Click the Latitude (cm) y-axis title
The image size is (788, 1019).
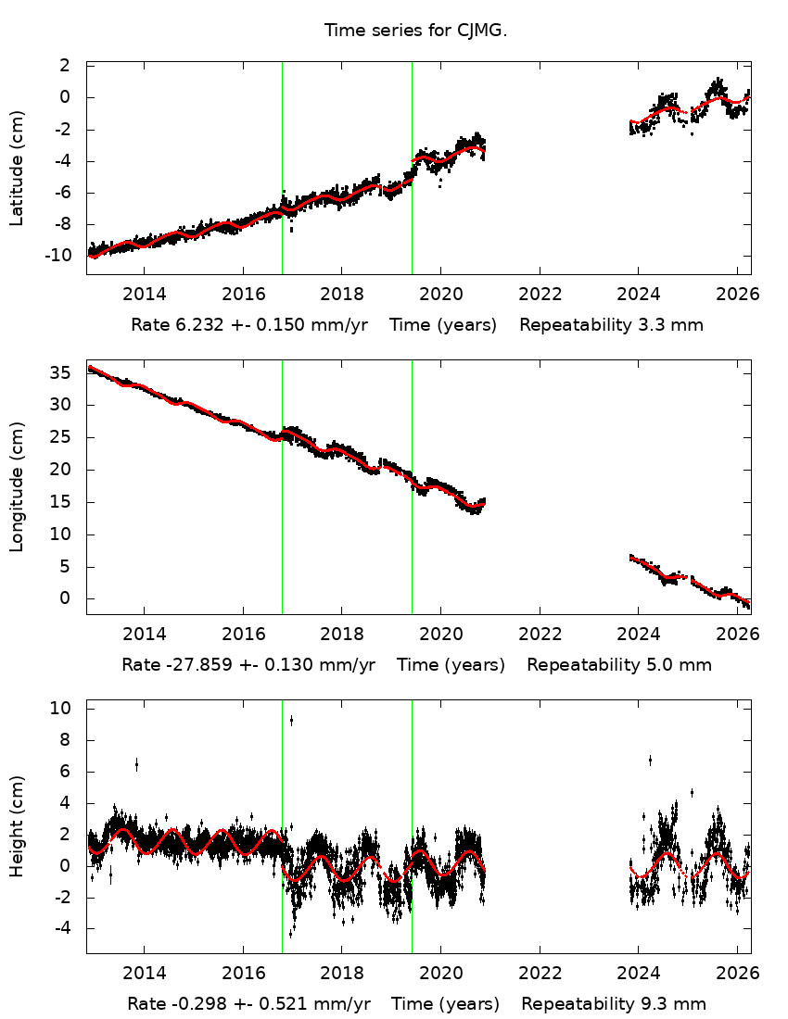[x=17, y=169]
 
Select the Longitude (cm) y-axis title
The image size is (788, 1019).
[x=17, y=487]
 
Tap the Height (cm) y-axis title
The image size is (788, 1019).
[x=17, y=826]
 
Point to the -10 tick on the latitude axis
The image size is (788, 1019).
[x=62, y=256]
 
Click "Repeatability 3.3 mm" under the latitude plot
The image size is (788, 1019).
[x=611, y=325]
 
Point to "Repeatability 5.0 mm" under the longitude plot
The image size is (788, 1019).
[x=619, y=665]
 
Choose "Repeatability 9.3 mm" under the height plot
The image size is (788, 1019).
[x=614, y=1004]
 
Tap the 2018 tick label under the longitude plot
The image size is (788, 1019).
[x=342, y=635]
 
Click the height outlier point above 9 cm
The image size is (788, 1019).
[x=291, y=720]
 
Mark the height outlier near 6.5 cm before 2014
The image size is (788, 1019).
[x=136, y=764]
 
